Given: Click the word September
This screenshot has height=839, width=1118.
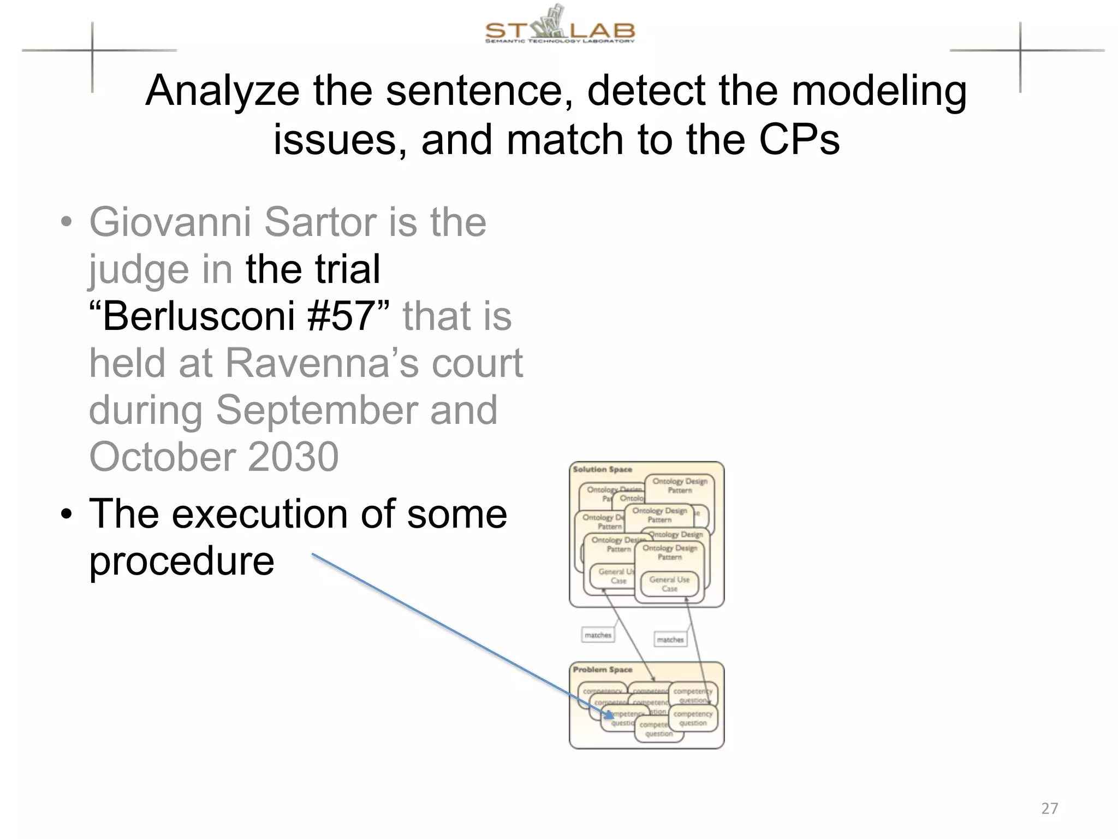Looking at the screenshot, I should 316,410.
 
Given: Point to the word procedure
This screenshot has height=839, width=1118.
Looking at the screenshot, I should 181,561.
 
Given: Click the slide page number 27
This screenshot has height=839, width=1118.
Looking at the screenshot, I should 1049,808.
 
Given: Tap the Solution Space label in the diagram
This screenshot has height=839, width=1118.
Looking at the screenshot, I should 602,469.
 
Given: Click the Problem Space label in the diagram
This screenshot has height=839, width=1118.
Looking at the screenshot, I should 602,669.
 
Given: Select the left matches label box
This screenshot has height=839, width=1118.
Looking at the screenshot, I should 598,635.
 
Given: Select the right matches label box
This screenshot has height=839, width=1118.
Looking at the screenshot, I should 670,639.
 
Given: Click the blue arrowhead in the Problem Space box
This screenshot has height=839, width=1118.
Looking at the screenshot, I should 609,714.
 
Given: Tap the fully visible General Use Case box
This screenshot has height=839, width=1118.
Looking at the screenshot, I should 669,584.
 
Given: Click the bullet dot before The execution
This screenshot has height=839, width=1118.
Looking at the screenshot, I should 66,515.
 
